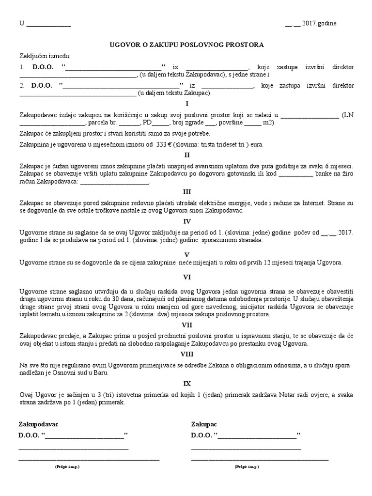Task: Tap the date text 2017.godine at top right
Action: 320,23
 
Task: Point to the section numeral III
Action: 186,191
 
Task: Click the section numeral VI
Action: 186,277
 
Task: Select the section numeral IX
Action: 186,383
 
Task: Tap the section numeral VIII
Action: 186,354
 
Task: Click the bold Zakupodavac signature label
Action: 39,424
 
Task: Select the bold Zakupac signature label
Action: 204,424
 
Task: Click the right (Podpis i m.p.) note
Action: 247,466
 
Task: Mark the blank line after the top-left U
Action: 48,24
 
